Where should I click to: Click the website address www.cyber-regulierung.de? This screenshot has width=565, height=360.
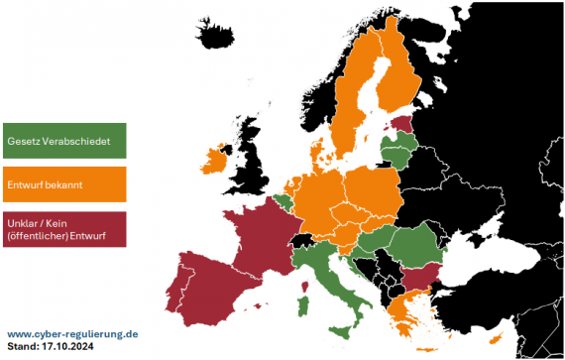pyautogui.click(x=72, y=335)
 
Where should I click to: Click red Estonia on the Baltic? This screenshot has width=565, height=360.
pyautogui.click(x=401, y=125)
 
